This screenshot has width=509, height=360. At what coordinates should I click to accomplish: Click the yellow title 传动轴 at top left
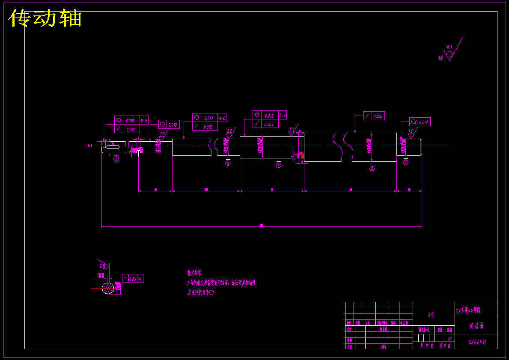click(45, 19)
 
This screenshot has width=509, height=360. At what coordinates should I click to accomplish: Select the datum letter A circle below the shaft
click(116, 158)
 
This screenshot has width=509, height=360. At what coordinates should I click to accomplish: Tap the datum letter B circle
click(228, 163)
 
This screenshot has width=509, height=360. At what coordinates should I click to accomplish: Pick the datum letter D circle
click(372, 169)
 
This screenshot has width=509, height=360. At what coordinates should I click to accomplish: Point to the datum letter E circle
click(406, 162)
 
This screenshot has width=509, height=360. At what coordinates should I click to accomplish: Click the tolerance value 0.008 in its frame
click(378, 116)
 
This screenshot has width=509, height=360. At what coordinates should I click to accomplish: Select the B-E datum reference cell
click(144, 121)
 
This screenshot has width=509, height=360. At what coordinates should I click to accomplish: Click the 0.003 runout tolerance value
click(269, 125)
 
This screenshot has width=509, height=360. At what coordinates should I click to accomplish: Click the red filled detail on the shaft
click(301, 156)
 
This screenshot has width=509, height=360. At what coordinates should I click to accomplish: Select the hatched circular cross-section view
click(107, 288)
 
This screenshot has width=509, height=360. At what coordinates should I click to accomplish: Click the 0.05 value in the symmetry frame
click(133, 279)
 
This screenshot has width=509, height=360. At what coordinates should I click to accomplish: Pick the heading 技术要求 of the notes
click(194, 272)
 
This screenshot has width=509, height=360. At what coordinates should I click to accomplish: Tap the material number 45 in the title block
click(431, 315)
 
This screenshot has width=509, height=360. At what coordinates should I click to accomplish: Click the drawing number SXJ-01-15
click(477, 342)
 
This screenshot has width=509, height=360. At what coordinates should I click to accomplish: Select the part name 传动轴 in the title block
click(476, 326)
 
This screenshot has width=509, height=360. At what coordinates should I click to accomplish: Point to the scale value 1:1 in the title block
click(449, 338)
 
